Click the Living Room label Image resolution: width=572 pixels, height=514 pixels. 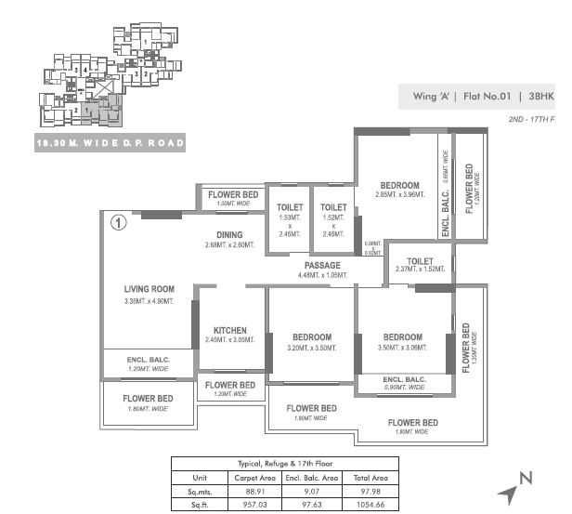point(149,289)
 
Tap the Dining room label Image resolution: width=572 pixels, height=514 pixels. point(229,235)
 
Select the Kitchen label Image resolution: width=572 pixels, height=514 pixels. point(229,330)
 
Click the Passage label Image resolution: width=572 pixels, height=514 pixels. point(320,265)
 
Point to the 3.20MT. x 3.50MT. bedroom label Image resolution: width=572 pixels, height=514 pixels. point(311,336)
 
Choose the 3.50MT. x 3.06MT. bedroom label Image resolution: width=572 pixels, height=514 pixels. point(402,337)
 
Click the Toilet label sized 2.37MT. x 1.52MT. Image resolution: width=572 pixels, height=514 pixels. point(420,261)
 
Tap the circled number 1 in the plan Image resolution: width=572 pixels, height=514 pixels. point(118,222)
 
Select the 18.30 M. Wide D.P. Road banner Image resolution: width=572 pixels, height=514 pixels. point(110,143)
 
